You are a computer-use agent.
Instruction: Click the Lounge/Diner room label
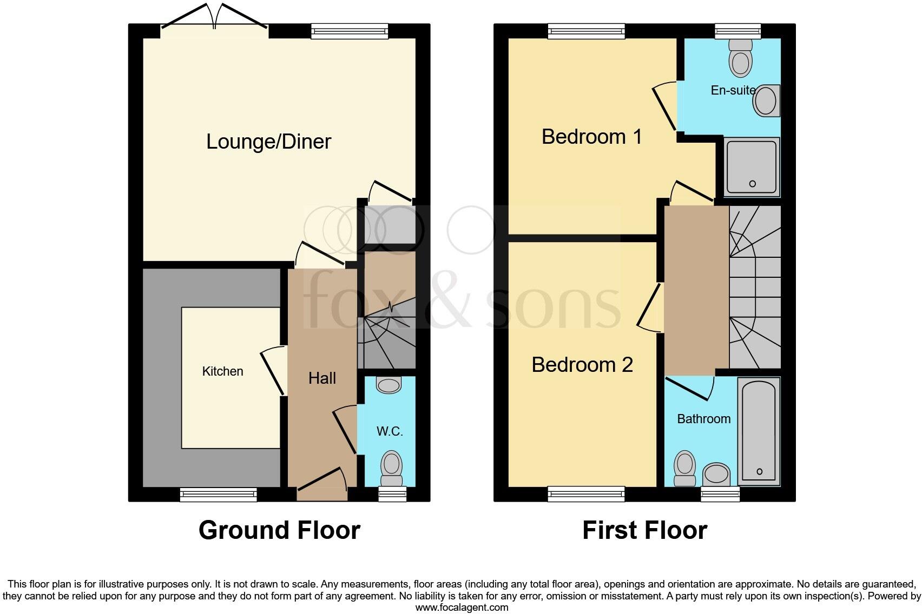coord(268,142)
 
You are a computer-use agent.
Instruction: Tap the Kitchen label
coord(222,371)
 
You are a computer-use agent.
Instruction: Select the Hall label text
coord(322,378)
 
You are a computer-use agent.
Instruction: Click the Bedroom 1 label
coord(591,137)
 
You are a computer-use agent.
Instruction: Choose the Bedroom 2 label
coord(582,365)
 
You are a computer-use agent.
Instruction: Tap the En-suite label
coord(733,90)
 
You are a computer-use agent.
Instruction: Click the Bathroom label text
coord(703,419)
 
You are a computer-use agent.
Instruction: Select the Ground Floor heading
coord(279,530)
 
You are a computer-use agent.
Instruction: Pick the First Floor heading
coord(644,530)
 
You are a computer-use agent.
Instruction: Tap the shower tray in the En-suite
coord(752,166)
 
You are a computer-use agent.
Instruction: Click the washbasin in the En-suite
coord(766,101)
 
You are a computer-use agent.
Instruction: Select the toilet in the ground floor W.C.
coord(391,468)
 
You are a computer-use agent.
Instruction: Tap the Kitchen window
coord(218,493)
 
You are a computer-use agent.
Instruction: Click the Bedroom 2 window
coord(586,493)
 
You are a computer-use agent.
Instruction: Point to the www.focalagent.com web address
coord(462,607)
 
